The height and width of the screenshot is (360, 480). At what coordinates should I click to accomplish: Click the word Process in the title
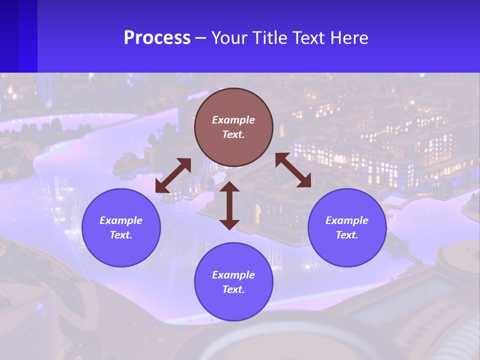157,38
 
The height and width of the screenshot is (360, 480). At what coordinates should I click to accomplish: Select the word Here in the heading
349,38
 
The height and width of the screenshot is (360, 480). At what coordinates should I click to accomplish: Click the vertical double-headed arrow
229,205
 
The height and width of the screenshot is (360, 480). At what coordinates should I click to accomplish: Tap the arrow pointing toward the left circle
173,175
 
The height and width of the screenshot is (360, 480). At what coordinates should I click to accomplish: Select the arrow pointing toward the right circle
293,170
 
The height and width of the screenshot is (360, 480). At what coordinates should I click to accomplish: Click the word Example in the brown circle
233,120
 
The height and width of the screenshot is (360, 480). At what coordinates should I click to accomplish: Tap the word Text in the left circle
121,235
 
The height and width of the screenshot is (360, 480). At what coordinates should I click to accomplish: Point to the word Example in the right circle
347,220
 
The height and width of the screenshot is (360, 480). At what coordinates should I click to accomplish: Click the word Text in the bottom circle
233,289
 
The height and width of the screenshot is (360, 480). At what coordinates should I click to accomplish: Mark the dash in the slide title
201,38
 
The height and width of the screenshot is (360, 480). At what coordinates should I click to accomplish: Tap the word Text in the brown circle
233,134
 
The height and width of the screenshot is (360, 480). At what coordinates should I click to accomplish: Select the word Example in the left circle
121,220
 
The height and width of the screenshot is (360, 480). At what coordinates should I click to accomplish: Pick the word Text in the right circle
347,235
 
